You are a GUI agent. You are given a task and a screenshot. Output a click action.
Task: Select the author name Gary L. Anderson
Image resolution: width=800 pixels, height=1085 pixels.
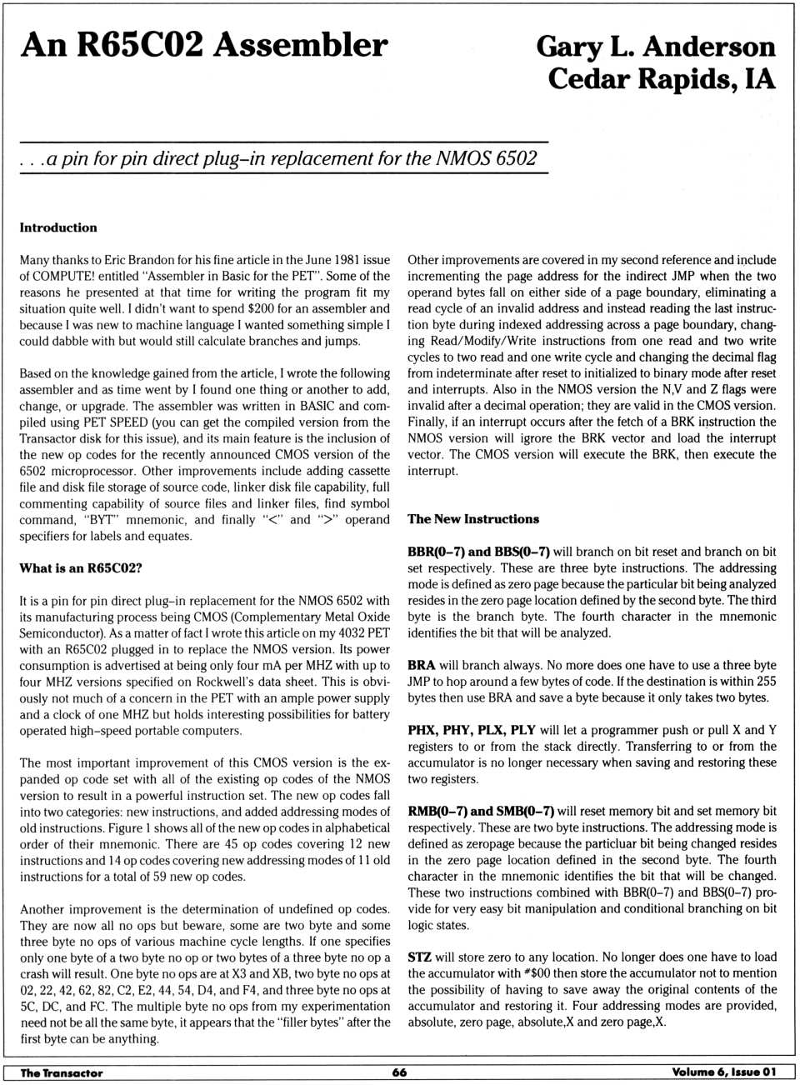pos(656,47)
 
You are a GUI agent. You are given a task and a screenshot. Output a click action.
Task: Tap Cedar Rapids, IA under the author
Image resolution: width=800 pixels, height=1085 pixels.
pos(662,79)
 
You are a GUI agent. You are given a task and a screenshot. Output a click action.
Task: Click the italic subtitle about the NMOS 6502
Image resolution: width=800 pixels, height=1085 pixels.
pos(278,158)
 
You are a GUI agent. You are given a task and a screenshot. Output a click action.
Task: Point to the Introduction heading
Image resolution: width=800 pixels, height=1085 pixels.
pos(58,227)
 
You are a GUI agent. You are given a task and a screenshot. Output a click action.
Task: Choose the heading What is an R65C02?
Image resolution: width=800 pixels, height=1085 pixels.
pos(81,568)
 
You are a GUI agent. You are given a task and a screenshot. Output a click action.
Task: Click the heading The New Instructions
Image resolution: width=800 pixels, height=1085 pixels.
pos(473,519)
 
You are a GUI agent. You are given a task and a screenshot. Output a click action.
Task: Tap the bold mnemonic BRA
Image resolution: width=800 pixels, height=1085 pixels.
pos(422,665)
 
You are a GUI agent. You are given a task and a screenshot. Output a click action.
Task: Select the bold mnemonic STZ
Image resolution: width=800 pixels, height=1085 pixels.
pos(419,957)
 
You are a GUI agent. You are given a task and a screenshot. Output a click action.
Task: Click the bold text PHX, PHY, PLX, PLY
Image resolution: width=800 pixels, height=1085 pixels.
pos(472,730)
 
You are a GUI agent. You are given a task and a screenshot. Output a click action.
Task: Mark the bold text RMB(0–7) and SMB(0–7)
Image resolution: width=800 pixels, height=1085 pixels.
pos(481,811)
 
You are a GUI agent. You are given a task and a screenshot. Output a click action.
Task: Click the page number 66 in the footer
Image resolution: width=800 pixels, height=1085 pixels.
pos(400,1072)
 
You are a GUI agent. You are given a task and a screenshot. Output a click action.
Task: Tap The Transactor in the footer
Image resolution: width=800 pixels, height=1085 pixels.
pos(62,1072)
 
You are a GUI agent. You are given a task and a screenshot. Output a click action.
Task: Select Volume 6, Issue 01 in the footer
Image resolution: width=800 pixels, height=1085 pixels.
pos(723,1072)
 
